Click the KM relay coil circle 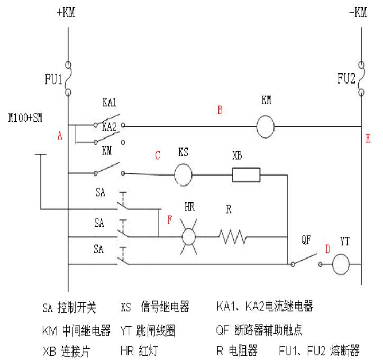point(267,127)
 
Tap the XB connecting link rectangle point(246,173)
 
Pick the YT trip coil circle point(342,263)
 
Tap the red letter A point(60,136)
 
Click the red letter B point(220,110)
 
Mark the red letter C point(157,156)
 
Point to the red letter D point(327,248)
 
